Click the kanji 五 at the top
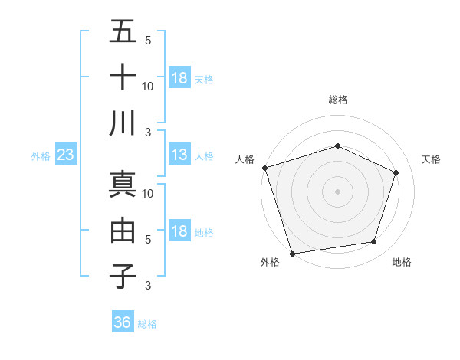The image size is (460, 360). (x=123, y=32)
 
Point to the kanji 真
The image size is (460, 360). (x=123, y=184)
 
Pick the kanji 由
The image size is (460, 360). (x=123, y=230)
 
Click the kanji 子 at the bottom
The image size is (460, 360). (x=123, y=276)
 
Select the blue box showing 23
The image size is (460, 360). (x=66, y=155)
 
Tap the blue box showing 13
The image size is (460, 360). (x=179, y=155)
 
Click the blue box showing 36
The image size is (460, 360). (x=123, y=322)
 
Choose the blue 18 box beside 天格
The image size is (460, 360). (x=179, y=77)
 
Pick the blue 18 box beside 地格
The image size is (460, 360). (x=179, y=231)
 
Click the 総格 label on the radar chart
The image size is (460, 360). (x=337, y=100)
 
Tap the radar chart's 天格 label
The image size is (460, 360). (x=432, y=159)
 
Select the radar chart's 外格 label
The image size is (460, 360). (x=269, y=262)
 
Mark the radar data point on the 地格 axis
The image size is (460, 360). (x=374, y=242)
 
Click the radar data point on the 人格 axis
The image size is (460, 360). (x=264, y=168)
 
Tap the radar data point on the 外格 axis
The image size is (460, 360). (x=293, y=253)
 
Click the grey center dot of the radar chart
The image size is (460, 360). (x=337, y=191)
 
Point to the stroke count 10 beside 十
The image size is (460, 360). (x=148, y=86)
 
